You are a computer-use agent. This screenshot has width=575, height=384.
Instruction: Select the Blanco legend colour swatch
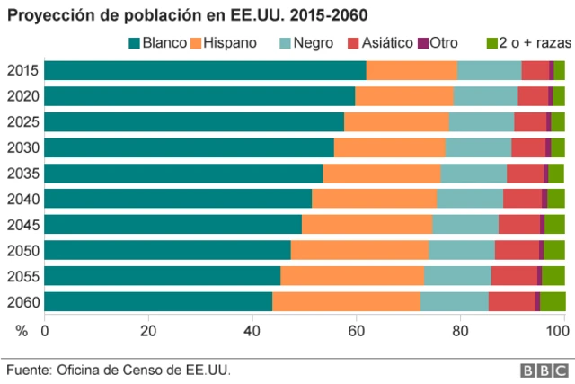coord(136,43)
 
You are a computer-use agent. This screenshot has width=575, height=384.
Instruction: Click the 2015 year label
coord(22,71)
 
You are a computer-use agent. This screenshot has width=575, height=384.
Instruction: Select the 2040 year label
coord(22,199)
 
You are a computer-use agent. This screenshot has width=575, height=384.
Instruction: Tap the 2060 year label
coord(22,301)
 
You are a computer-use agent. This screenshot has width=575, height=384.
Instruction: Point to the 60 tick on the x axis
coord(356,331)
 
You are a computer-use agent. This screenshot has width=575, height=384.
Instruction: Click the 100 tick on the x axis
coord(558,331)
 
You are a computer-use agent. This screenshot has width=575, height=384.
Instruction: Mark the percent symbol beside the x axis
coord(22,331)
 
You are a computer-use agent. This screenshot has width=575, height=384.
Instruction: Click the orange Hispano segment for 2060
coord(346,301)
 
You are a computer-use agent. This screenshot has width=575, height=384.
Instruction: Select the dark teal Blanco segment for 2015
coord(205,71)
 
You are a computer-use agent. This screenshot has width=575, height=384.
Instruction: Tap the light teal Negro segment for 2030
coord(478,147)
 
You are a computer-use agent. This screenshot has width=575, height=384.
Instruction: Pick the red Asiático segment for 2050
coord(517,250)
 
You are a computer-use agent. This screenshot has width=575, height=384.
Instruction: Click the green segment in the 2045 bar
coord(554,225)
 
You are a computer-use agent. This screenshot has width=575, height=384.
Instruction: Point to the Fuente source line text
coord(112,370)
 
